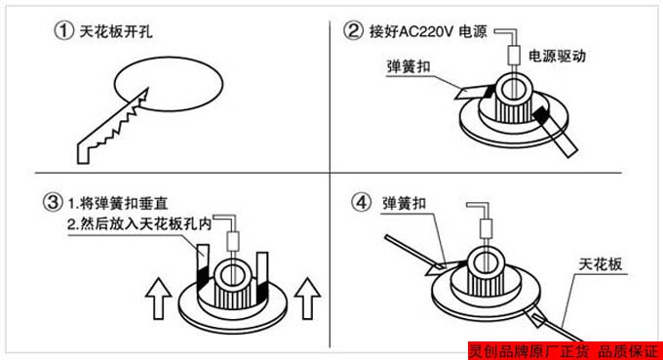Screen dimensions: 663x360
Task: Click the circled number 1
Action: point(63,31)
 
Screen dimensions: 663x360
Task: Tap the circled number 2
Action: point(353,31)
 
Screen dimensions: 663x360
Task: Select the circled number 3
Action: point(53,202)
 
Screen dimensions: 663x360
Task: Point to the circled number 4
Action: point(361,202)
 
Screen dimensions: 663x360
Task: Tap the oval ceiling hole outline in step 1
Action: point(169,58)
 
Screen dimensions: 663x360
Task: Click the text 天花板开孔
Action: point(116,31)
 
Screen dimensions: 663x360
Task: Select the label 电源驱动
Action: point(557,56)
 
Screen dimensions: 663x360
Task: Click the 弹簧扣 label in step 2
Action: point(408,66)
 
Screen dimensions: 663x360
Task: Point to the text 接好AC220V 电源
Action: point(428,31)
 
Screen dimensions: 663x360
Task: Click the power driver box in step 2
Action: point(514,56)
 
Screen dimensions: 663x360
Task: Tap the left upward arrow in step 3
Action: point(158,299)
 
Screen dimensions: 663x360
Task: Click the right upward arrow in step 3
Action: point(307,299)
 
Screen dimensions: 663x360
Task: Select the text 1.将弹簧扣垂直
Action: point(118,204)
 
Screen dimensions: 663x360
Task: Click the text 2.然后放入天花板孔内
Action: point(139,223)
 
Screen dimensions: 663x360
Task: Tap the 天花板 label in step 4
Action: point(601,264)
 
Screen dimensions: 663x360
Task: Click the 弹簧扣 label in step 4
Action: point(404,204)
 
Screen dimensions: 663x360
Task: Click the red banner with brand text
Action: point(565,350)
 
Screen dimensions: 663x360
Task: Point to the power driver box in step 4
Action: point(486,228)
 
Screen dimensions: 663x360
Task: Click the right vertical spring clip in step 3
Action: point(262,276)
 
